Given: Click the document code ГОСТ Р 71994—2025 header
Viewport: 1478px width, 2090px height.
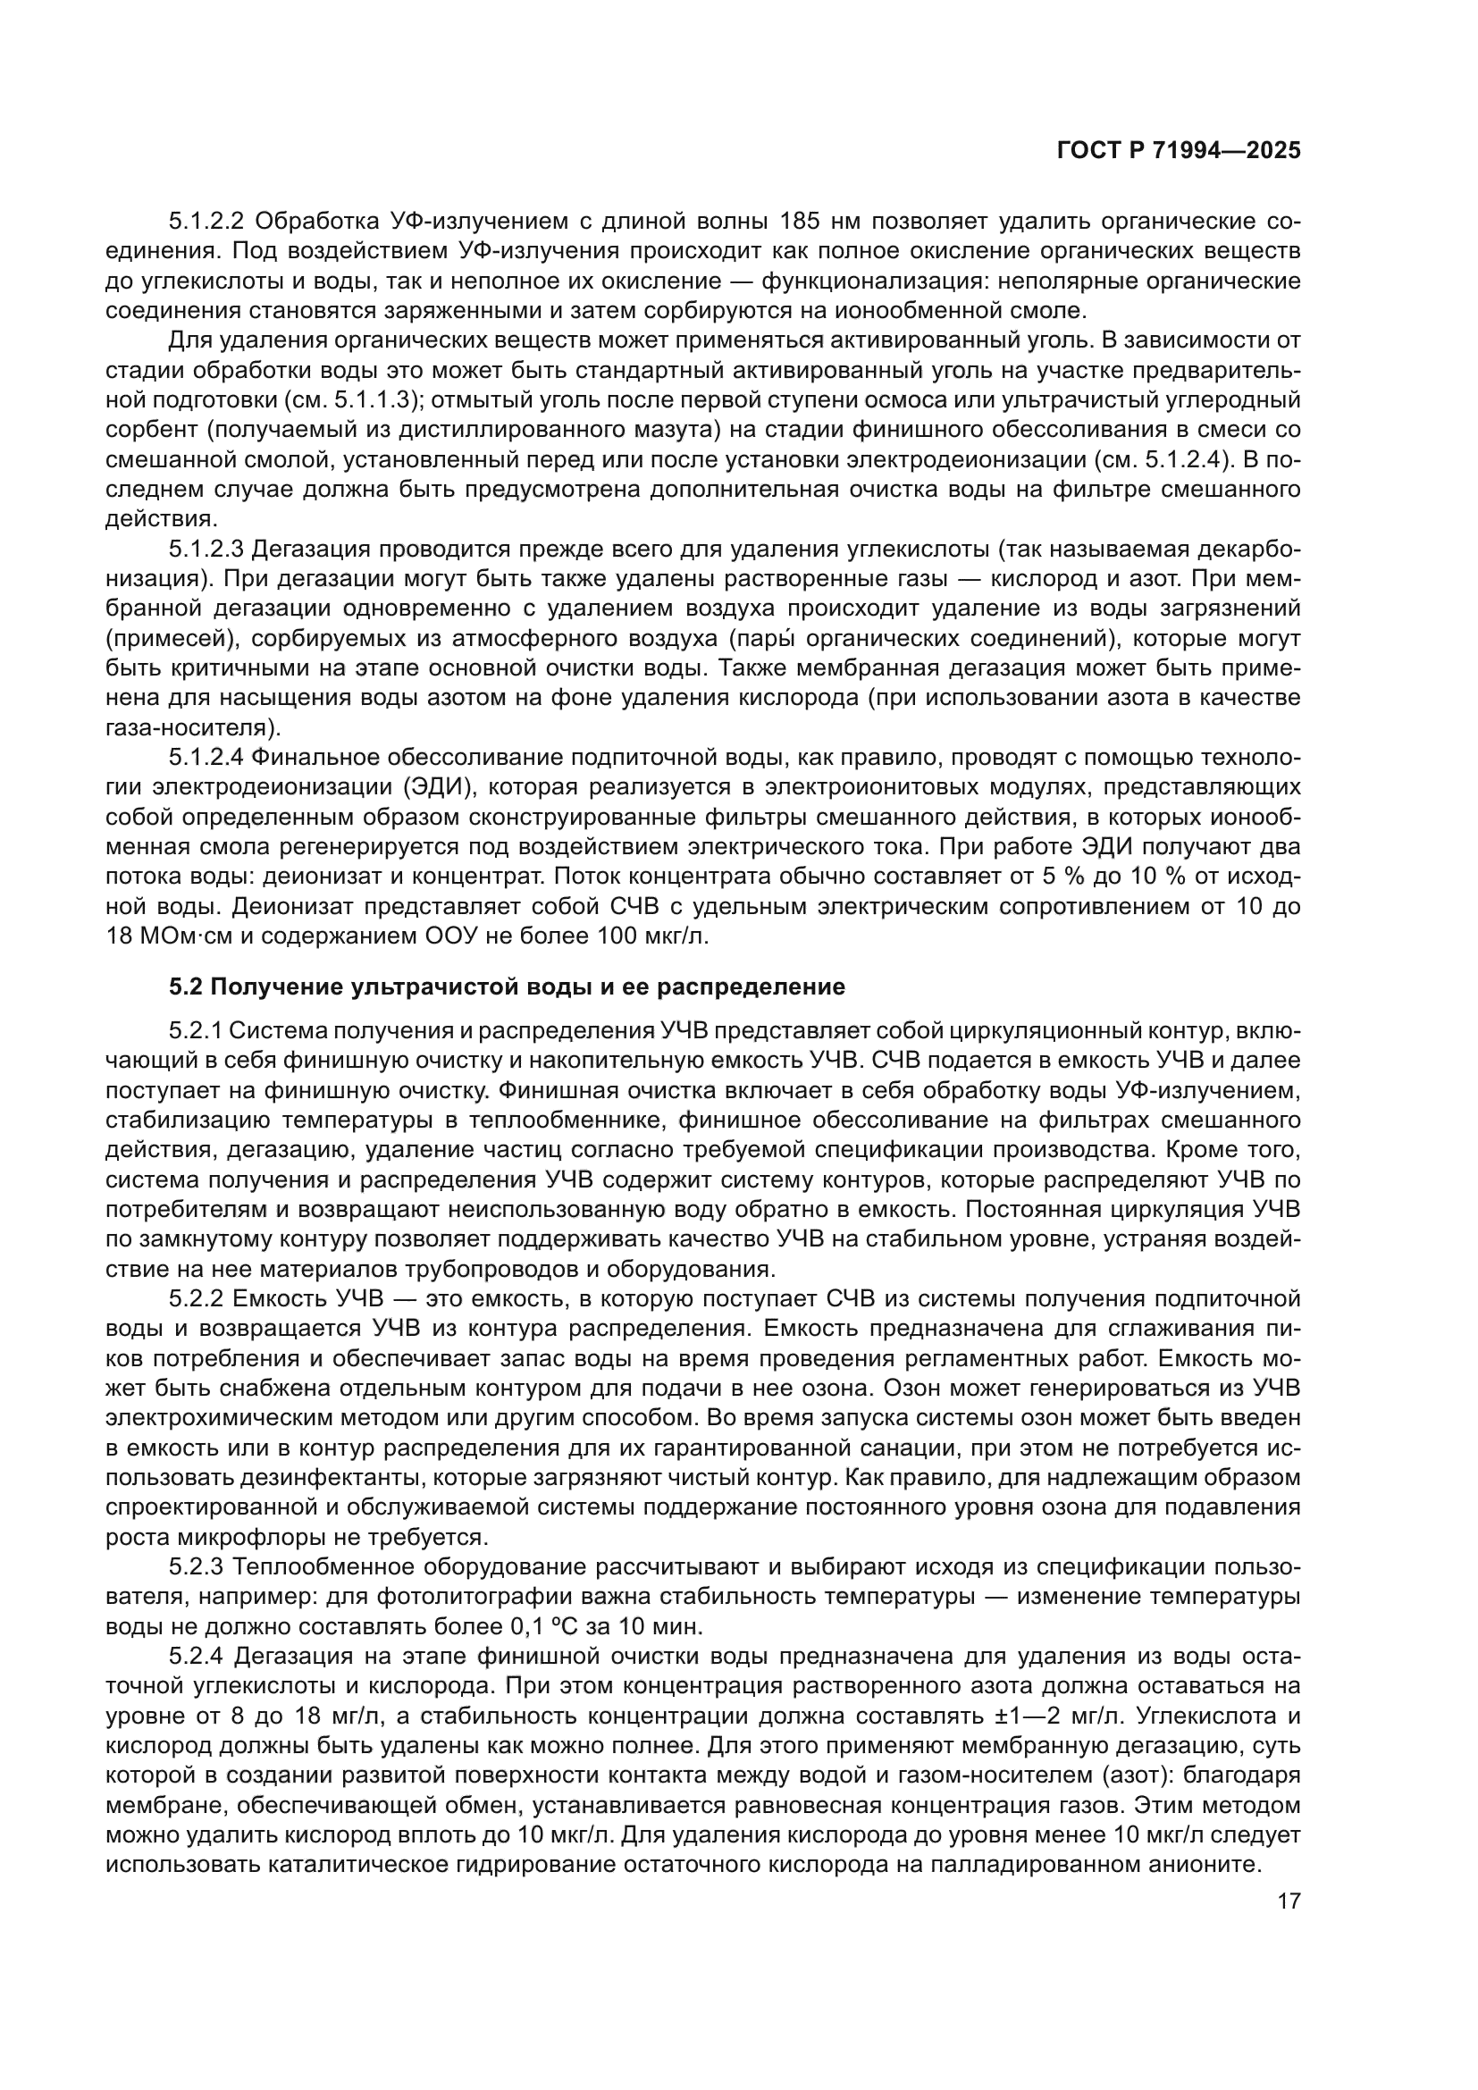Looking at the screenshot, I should click(1179, 151).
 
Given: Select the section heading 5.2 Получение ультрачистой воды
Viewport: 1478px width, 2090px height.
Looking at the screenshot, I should click(507, 986).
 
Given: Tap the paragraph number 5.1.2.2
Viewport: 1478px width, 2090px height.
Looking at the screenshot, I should click(206, 222).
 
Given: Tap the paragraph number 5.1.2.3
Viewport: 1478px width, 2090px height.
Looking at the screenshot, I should click(206, 549).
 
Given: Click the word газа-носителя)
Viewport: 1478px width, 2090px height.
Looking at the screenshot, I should click(194, 727).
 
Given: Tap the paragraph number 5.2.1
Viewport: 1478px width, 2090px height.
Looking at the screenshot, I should click(195, 1031).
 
